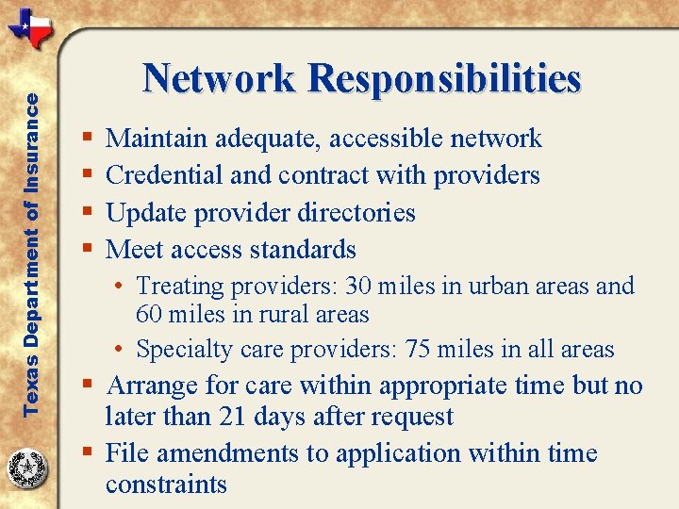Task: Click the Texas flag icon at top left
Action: point(31,29)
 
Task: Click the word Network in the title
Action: point(219,79)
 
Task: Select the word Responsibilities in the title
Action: point(444,79)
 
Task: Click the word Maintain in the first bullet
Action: point(157,139)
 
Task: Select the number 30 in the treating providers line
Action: point(359,286)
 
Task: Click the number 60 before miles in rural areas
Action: point(151,314)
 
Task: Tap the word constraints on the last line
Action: point(166,484)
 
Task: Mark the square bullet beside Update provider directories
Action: point(87,213)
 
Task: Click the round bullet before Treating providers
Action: point(124,287)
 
